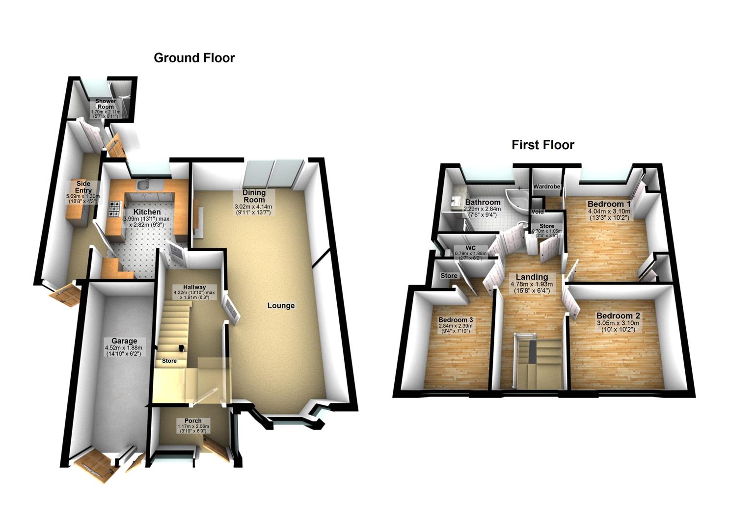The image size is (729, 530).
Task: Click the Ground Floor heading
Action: pos(194,58)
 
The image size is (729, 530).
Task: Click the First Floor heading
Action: pos(542,145)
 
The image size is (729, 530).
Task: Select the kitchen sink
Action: pos(143,185)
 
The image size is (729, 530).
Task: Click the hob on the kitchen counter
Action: pos(115,210)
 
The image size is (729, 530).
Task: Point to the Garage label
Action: pos(124,341)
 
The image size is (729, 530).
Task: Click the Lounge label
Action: pos(281,305)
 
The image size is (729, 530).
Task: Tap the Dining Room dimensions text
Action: pos(253,210)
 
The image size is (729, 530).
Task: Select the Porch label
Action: pos(193,421)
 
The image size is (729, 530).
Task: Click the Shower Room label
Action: pos(106,104)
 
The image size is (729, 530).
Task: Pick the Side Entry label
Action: pos(83,187)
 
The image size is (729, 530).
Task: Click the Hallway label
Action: pos(194,287)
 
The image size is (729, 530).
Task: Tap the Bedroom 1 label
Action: pos(609,204)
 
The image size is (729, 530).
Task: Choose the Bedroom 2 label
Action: pos(618,316)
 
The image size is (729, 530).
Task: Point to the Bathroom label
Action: pos(483,202)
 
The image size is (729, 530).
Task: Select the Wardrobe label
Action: pos(546,187)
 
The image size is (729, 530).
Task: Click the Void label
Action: pos(537,212)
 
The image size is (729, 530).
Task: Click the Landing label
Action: pos(532,277)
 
